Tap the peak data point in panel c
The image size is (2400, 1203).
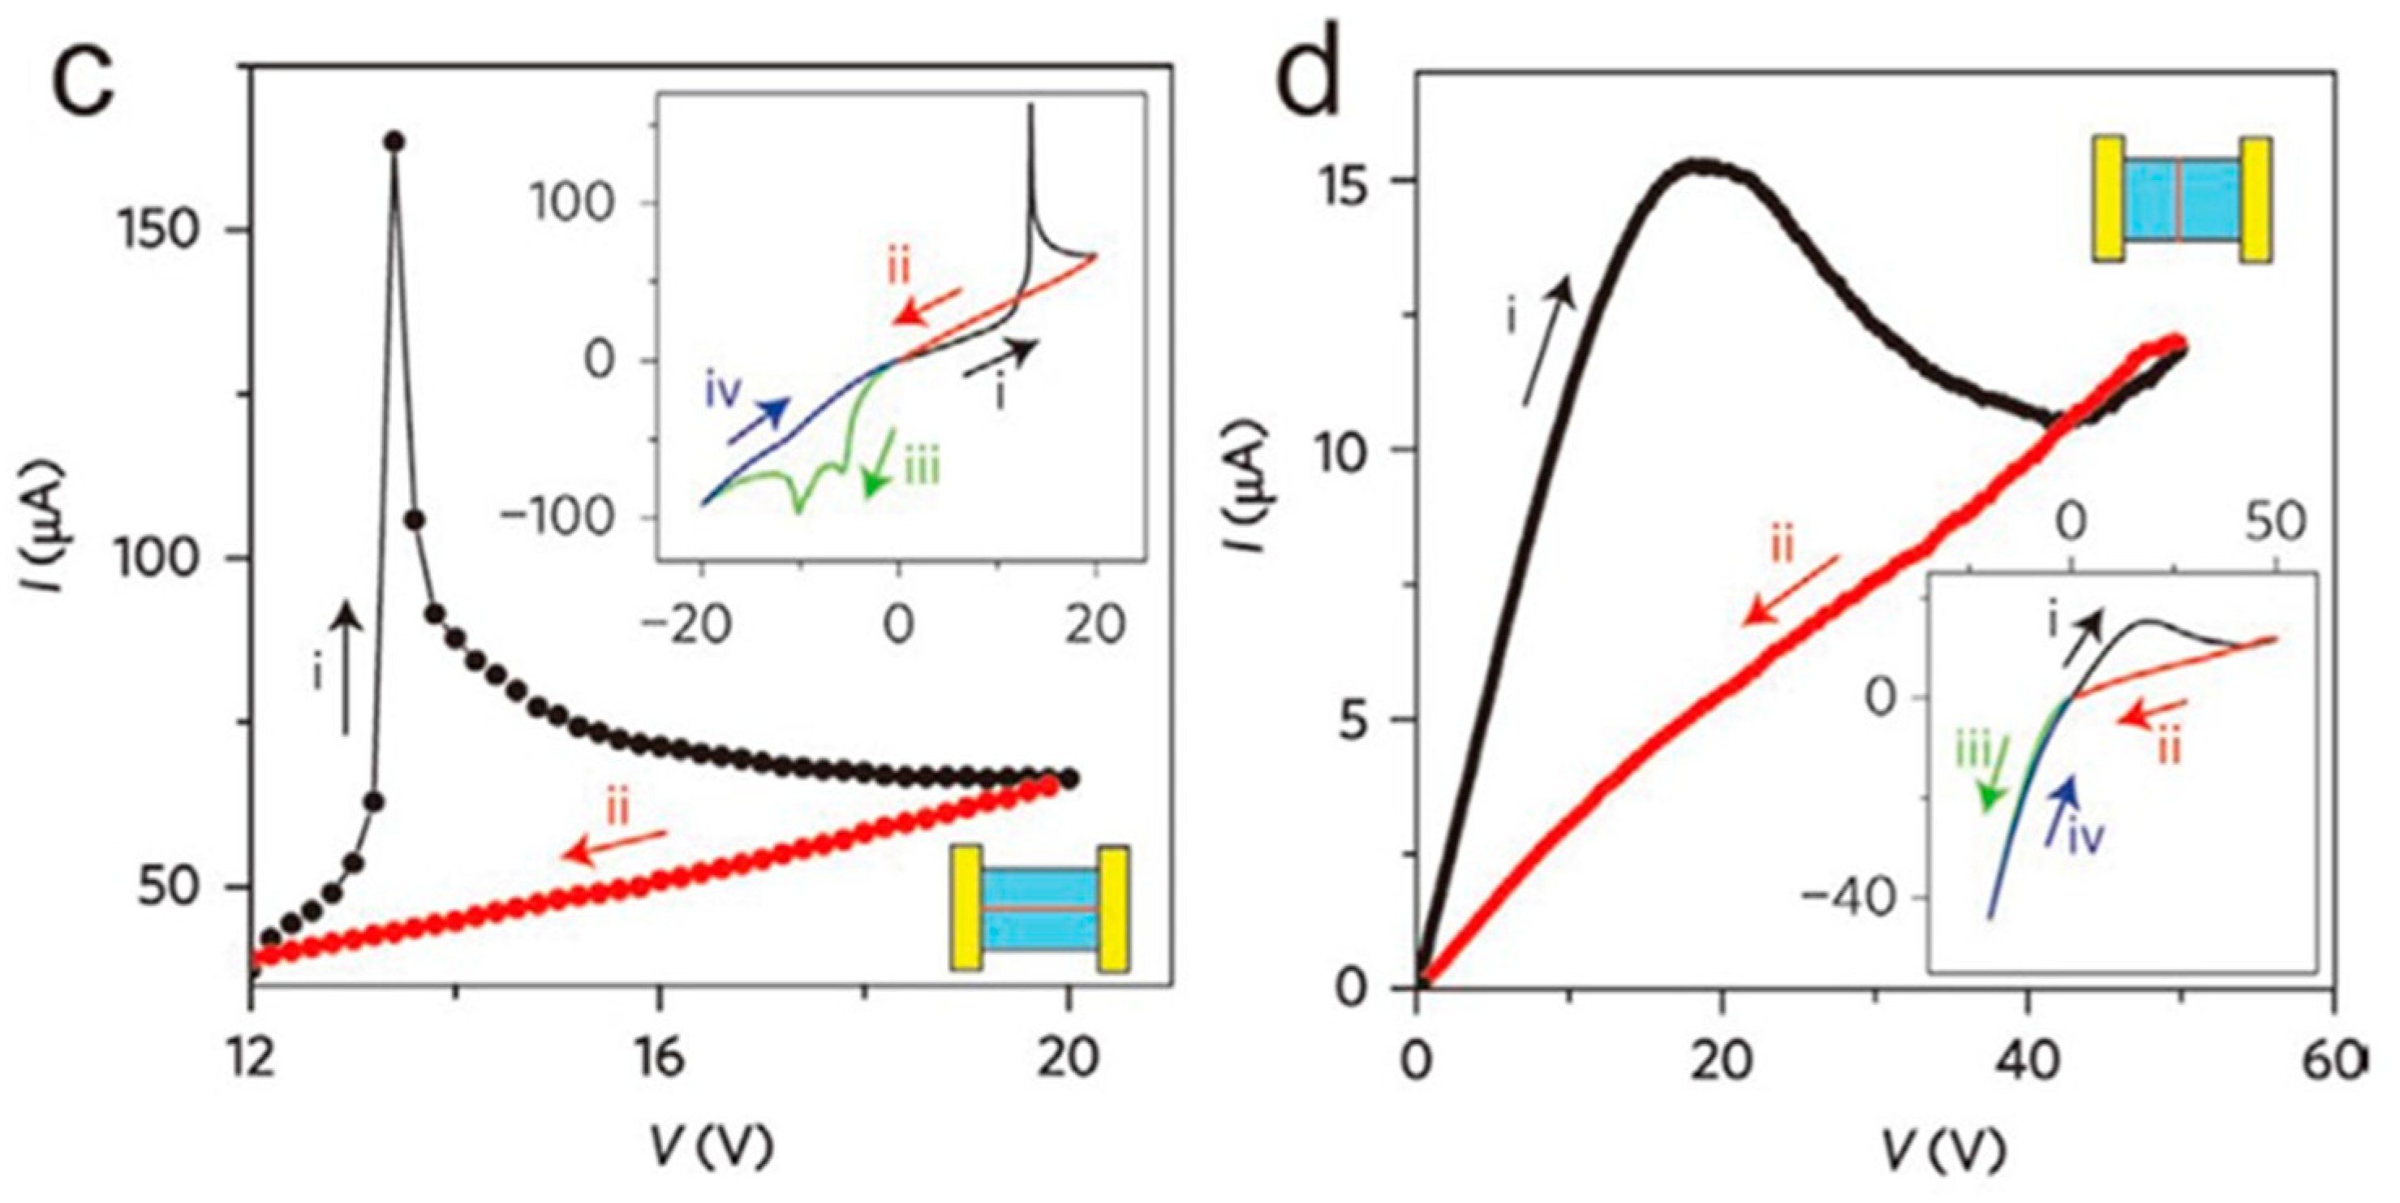pyautogui.click(x=394, y=140)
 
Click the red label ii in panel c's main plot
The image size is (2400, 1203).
pyautogui.click(x=617, y=808)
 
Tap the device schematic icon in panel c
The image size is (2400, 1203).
pyautogui.click(x=1039, y=908)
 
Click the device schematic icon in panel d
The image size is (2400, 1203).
pyautogui.click(x=2180, y=199)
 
